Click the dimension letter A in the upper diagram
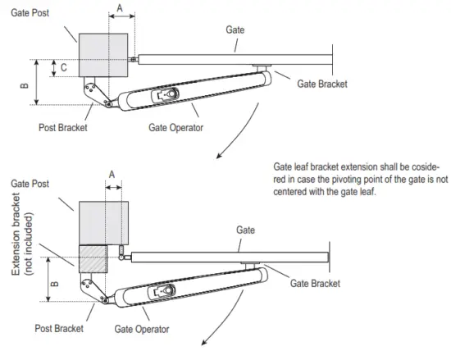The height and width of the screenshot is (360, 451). pyautogui.click(x=121, y=8)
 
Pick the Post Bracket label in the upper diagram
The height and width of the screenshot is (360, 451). pyautogui.click(x=63, y=127)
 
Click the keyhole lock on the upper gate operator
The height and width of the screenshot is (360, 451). pyautogui.click(x=168, y=94)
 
